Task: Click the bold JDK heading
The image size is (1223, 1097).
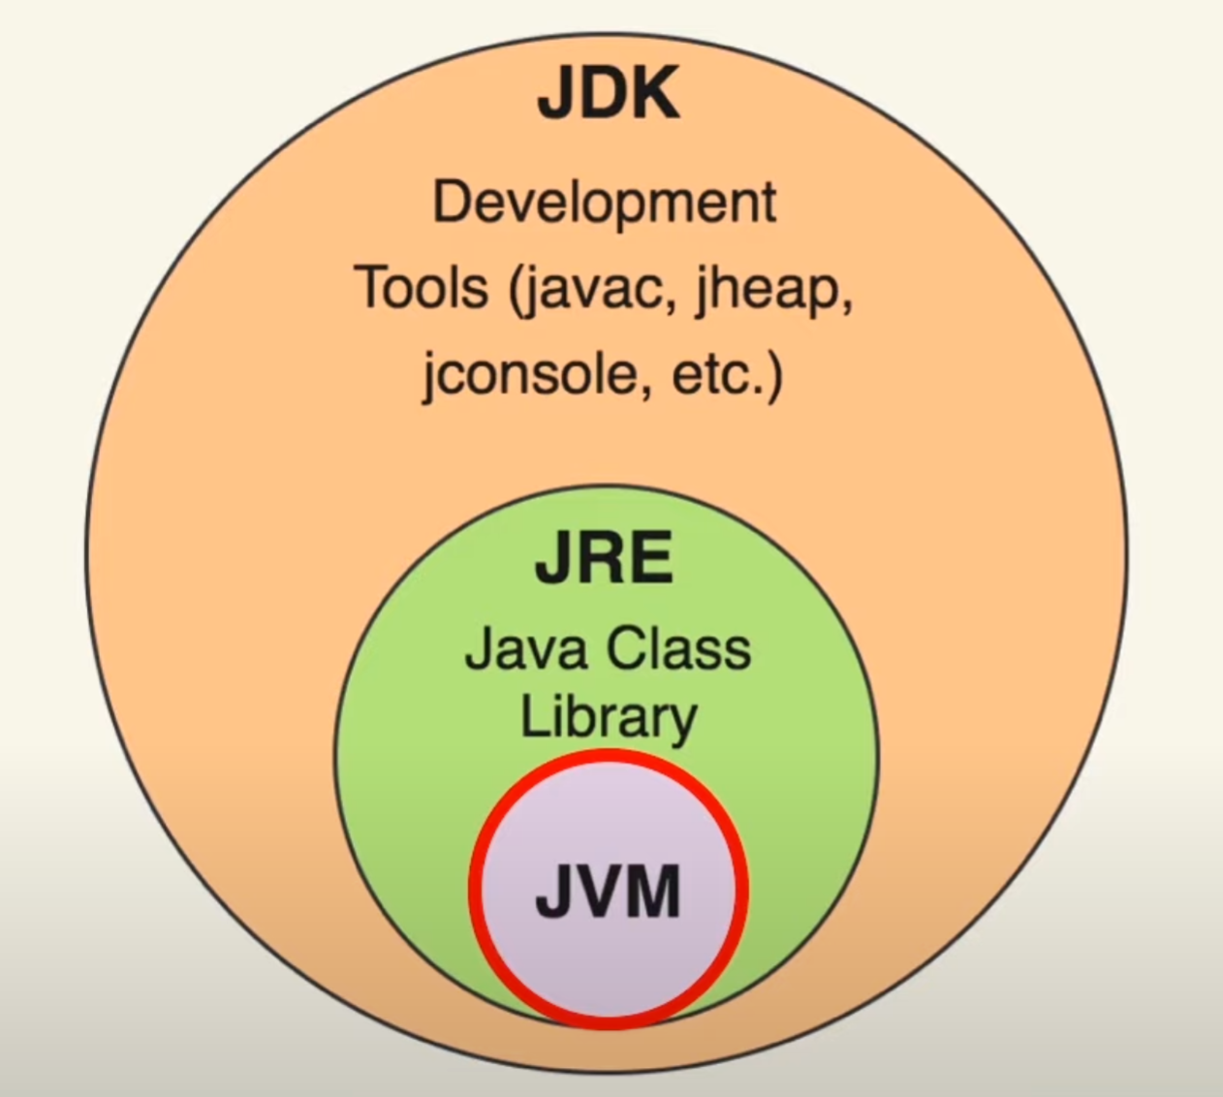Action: [609, 94]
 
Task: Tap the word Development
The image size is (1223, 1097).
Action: [604, 204]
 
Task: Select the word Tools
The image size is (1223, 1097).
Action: [422, 289]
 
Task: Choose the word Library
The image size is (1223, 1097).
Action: [609, 718]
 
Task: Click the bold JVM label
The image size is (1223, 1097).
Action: [609, 892]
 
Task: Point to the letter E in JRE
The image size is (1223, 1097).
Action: [652, 559]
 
